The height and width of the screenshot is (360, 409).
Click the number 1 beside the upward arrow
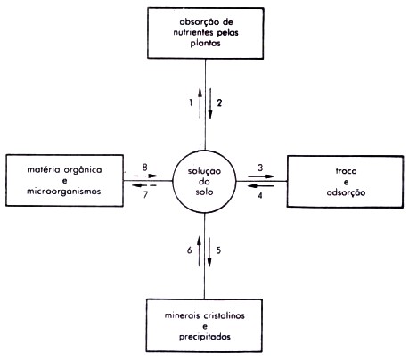click(191, 102)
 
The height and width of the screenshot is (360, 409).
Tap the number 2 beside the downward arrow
click(219, 102)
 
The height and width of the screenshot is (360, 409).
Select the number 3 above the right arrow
click(260, 168)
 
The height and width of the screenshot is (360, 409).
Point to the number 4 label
click(260, 195)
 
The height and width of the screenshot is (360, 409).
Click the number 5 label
click(218, 250)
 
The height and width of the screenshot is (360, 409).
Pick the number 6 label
click(190, 250)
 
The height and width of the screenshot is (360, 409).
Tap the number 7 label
click(145, 195)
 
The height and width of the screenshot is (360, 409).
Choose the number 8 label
click(144, 168)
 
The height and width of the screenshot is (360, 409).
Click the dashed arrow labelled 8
click(144, 176)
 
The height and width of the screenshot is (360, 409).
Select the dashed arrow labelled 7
click(144, 185)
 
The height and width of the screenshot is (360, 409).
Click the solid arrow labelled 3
click(261, 176)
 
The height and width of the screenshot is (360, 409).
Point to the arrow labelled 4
click(261, 186)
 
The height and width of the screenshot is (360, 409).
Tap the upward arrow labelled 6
click(199, 251)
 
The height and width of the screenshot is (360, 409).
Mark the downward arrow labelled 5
click(209, 251)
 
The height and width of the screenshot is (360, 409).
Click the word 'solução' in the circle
click(204, 171)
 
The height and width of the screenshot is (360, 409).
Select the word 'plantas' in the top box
click(206, 43)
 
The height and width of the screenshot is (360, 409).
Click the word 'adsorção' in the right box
click(346, 192)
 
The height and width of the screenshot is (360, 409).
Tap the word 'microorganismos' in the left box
click(64, 192)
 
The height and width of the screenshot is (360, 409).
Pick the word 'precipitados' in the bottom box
click(205, 337)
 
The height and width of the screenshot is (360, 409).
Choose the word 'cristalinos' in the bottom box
click(225, 315)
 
